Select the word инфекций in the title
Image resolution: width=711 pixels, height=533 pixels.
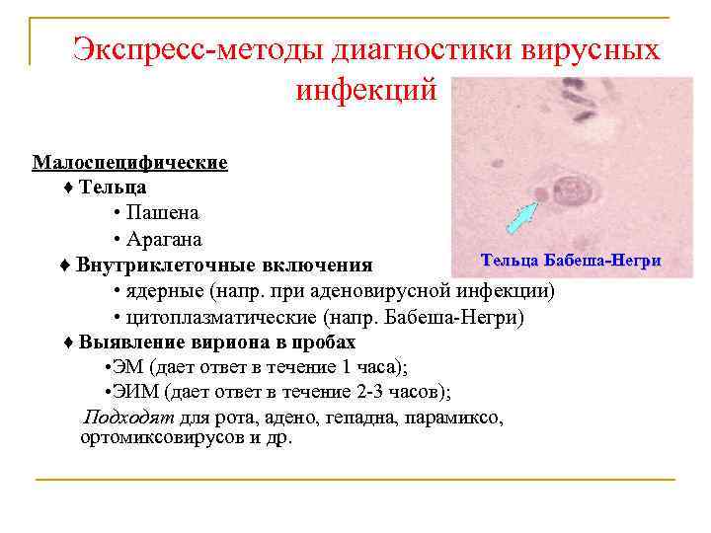tap(366, 91)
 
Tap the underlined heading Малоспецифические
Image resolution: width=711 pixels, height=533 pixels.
tap(130, 162)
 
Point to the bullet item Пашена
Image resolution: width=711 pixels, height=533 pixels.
tap(163, 213)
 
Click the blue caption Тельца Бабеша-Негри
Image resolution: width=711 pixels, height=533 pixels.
tap(570, 261)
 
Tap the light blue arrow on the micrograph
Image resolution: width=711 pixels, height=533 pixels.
tap(520, 216)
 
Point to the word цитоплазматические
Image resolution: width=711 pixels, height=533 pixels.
tap(221, 318)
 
